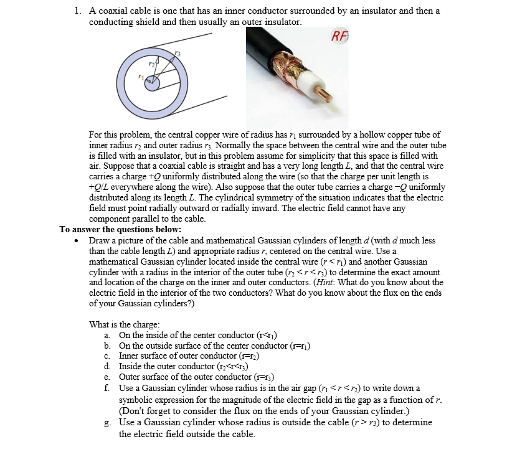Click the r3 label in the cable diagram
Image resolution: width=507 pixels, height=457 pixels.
pyautogui.click(x=178, y=55)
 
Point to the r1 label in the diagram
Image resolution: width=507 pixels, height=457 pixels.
pyautogui.click(x=143, y=77)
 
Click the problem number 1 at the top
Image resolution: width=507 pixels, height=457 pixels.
pyautogui.click(x=77, y=11)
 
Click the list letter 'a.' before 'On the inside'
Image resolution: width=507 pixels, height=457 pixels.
pyautogui.click(x=108, y=335)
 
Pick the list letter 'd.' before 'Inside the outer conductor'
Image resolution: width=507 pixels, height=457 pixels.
pyautogui.click(x=108, y=366)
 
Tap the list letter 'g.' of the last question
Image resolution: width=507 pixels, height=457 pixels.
pyautogui.click(x=108, y=422)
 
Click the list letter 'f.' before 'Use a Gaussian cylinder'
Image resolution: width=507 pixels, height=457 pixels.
pyautogui.click(x=108, y=388)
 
